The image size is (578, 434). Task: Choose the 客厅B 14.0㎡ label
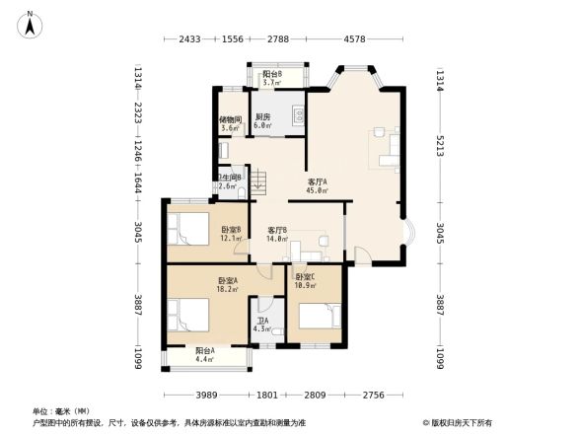[x=277, y=234]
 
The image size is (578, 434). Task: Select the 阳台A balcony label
[x=205, y=355]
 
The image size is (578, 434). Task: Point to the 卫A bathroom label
[x=262, y=325]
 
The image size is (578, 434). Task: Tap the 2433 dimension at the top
[x=190, y=39]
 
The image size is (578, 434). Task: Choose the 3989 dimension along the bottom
[x=204, y=396]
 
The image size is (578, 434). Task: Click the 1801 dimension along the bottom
[x=267, y=396]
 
